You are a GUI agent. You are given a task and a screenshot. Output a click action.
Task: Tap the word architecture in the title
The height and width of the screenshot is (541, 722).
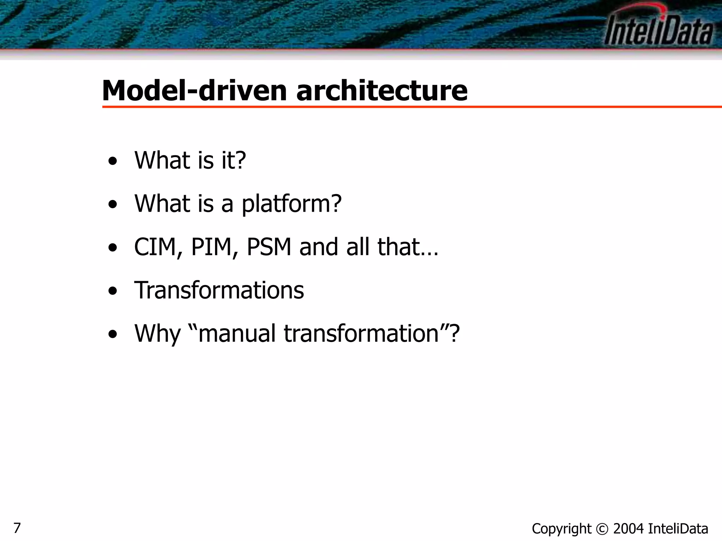coord(382,91)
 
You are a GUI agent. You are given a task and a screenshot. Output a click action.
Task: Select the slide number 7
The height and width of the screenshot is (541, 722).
coord(17,528)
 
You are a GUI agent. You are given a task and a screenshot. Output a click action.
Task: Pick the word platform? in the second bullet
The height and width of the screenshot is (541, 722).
coord(292,204)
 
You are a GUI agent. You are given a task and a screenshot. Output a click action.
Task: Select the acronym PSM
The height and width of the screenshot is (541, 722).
coord(269,247)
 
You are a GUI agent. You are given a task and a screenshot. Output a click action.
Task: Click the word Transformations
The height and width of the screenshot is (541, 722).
coord(219,290)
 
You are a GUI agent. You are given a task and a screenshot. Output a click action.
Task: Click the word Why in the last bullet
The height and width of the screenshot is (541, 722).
coord(157,334)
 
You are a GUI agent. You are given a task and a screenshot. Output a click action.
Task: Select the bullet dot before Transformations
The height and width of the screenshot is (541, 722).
coord(112,291)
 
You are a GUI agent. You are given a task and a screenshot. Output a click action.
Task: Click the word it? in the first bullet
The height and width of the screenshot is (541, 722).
coord(233,161)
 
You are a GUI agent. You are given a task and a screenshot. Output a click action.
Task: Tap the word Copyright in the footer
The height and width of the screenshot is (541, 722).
coord(561,529)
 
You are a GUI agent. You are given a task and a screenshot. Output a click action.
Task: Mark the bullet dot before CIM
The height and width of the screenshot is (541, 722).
coord(112,248)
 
